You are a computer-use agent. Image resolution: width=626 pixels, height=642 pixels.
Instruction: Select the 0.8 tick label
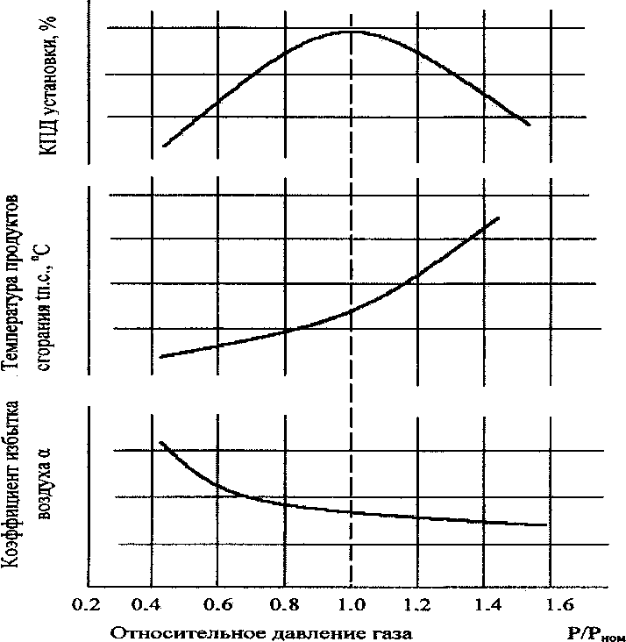pos(285,605)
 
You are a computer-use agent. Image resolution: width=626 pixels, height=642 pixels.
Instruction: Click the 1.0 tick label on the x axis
pos(351,605)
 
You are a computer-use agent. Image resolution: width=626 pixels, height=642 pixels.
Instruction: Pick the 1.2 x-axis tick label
pos(417,605)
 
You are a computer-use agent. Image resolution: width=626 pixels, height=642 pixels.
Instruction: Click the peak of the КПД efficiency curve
pos(351,32)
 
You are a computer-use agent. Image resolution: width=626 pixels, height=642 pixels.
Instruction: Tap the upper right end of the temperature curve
pos(499,217)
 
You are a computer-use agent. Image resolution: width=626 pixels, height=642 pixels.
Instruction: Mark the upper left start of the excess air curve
pos(160,442)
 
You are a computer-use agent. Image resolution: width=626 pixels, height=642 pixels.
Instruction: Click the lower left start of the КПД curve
pos(163,146)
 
